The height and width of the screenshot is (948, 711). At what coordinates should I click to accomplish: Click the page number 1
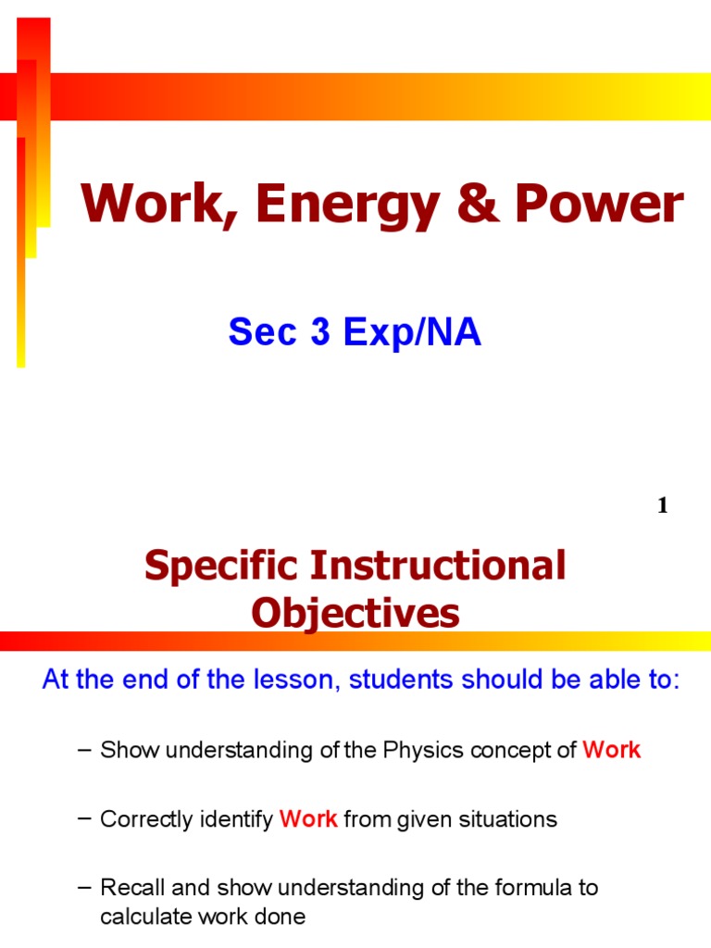click(x=662, y=505)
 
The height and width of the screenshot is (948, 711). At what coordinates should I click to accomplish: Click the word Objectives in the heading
click(x=355, y=613)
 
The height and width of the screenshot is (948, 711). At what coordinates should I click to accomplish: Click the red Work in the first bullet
click(x=611, y=750)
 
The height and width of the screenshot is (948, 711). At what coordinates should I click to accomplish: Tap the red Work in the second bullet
click(x=308, y=819)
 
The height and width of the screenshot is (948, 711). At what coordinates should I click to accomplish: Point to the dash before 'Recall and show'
click(x=85, y=888)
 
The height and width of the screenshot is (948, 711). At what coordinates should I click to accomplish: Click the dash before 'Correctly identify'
click(x=85, y=819)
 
